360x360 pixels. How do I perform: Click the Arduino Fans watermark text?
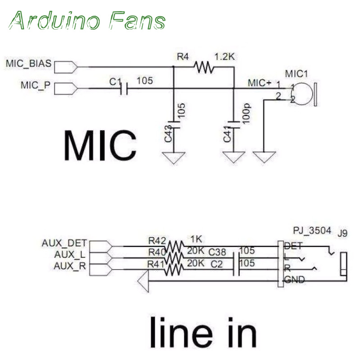point(88,20)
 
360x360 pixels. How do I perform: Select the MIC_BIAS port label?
point(29,63)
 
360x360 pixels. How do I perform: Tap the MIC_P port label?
point(35,85)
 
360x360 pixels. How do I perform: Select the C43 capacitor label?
point(168,134)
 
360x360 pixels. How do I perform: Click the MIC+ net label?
point(260,83)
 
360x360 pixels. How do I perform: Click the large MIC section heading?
point(99,145)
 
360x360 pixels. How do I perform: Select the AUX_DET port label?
point(65,243)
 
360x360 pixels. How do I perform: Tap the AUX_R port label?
point(70,265)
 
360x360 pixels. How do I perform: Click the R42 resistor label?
point(157,240)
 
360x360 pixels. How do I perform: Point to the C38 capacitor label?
point(217,252)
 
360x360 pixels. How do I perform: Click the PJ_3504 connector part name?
point(312,231)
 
